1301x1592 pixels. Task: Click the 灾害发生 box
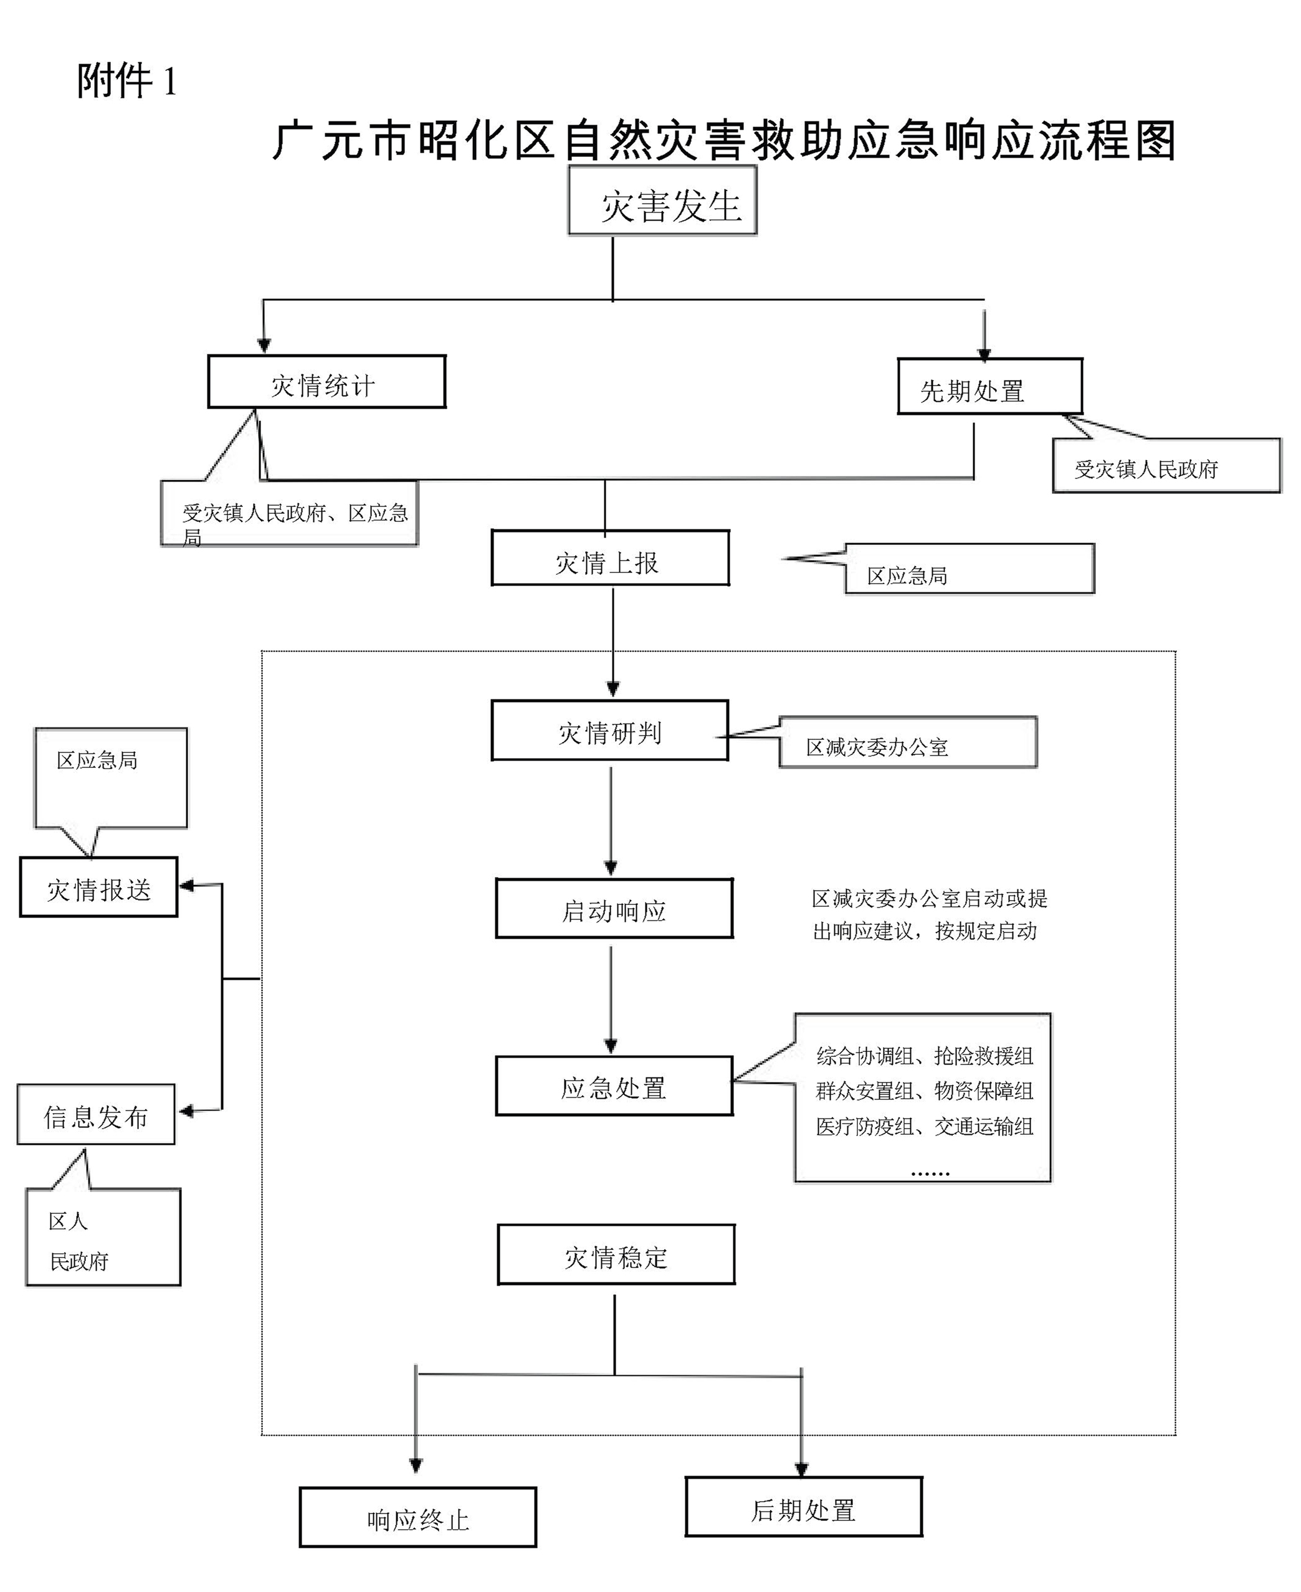pyautogui.click(x=662, y=201)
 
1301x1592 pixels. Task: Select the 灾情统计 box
pyautogui.click(x=326, y=382)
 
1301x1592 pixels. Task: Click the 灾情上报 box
pyautogui.click(x=610, y=558)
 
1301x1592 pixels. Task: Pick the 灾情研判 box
pyautogui.click(x=610, y=731)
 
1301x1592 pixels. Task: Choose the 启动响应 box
pyautogui.click(x=614, y=908)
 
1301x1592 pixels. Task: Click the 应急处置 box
pyautogui.click(x=614, y=1086)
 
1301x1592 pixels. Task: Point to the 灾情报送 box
pyautogui.click(x=99, y=887)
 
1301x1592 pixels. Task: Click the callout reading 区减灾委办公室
pyautogui.click(x=908, y=743)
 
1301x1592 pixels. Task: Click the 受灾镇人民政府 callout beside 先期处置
pyautogui.click(x=1166, y=466)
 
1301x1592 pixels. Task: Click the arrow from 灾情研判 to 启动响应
pyautogui.click(x=611, y=820)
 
